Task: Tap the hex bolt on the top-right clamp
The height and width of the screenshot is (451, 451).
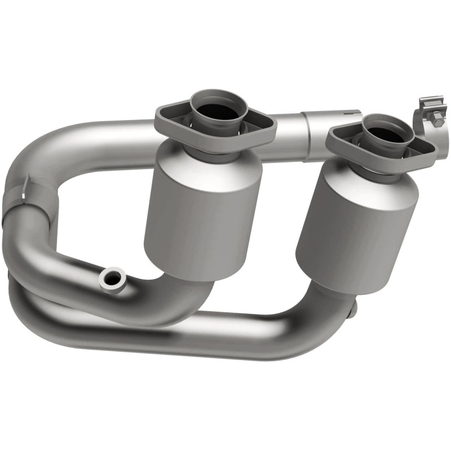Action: [x=437, y=120]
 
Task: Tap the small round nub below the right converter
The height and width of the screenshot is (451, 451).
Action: [x=353, y=309]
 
